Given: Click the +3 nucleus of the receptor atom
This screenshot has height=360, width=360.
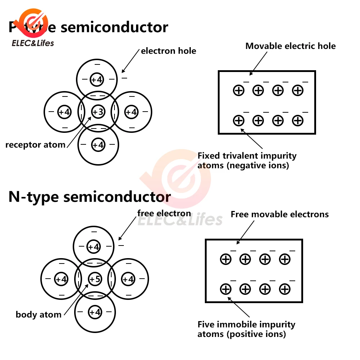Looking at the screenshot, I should pyautogui.click(x=98, y=112).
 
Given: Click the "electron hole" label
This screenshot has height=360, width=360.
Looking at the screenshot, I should pyautogui.click(x=168, y=51).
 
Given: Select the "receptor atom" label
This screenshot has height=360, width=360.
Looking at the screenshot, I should pyautogui.click(x=35, y=145).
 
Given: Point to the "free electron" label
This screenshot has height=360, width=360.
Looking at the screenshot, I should pyautogui.click(x=164, y=213).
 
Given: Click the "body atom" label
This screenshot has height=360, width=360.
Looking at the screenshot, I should pyautogui.click(x=39, y=315).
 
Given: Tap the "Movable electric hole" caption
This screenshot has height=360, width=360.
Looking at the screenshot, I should pyautogui.click(x=291, y=46).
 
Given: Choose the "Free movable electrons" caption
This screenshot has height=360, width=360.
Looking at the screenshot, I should pyautogui.click(x=280, y=215).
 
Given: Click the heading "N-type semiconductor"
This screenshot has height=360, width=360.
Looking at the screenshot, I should pyautogui.click(x=90, y=197).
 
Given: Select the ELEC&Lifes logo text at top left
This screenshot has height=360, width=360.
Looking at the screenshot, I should pyautogui.click(x=33, y=43).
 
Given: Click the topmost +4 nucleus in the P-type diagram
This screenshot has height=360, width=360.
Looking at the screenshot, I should pyautogui.click(x=96, y=80).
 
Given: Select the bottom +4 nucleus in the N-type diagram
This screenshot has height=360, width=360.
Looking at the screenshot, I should pyautogui.click(x=95, y=312).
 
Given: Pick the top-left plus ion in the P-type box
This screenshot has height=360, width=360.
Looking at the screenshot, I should pyautogui.click(x=239, y=90).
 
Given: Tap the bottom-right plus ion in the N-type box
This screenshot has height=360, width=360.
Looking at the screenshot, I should pyautogui.click(x=285, y=289).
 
